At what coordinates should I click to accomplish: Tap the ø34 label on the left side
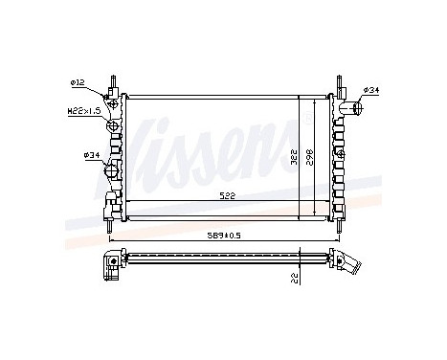click(x=91, y=154)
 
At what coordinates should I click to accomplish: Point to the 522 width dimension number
click(x=226, y=195)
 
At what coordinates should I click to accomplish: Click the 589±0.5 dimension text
click(x=226, y=233)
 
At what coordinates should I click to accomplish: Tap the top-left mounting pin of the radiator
click(x=112, y=79)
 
